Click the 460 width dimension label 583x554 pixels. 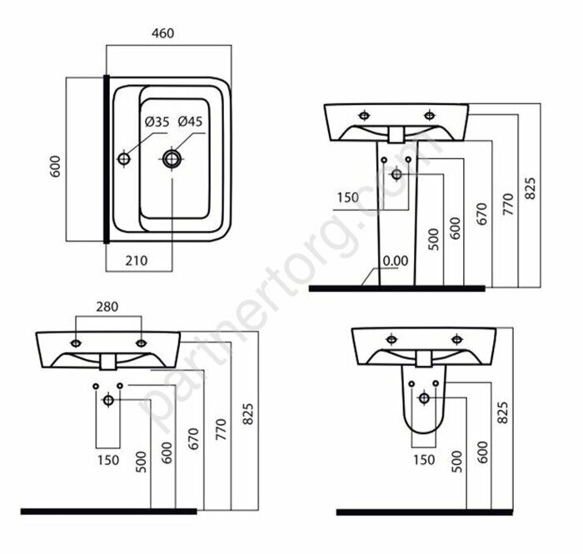pos(163,33)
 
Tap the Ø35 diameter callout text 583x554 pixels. pos(157,122)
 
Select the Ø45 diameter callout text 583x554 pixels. pos(190,122)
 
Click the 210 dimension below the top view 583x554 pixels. pos(137,261)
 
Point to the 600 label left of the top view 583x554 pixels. pos(55,167)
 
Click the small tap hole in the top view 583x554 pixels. pos(123,159)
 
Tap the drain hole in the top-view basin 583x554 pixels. pos(172,159)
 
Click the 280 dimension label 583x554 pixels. pos(107,307)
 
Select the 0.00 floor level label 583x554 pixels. pos(396,261)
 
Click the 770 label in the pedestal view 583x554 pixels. pos(508,204)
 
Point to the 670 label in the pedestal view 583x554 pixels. pos(482,214)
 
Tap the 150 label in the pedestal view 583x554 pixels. pos(348,197)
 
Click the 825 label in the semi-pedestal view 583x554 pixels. pos(502,412)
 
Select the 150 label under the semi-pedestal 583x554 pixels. pos(424,460)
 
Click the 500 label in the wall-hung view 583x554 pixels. pos(142,462)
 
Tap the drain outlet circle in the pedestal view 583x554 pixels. pos(396,174)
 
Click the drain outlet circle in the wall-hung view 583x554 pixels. pos(108,400)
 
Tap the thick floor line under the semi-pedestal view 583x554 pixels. pos(424,512)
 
